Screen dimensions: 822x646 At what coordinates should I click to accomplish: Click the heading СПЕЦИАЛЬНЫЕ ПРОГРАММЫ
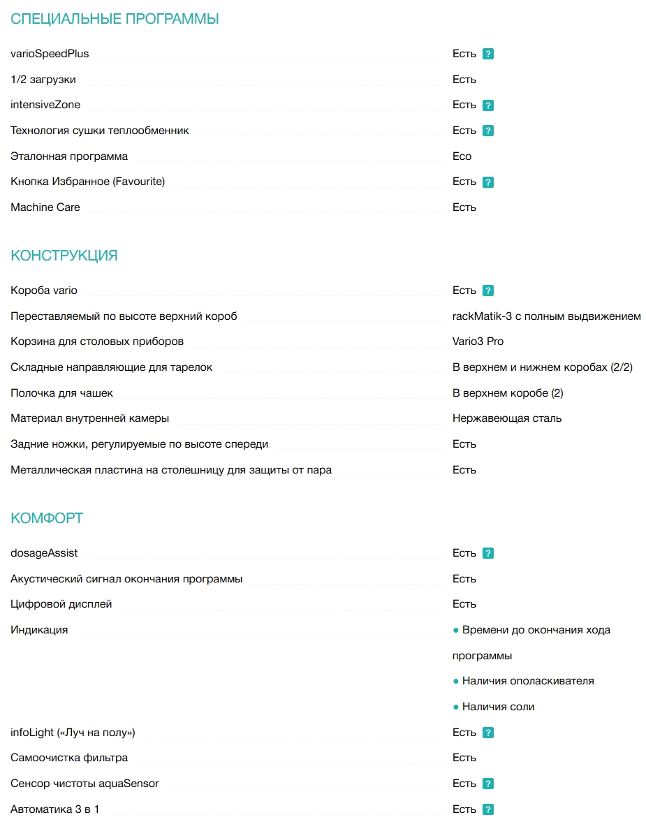click(x=115, y=19)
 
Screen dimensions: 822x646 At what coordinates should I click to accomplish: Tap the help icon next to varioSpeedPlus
click(x=488, y=54)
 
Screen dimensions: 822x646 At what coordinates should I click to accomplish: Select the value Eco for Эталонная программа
click(x=462, y=156)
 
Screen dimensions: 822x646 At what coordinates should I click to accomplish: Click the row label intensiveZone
click(x=45, y=105)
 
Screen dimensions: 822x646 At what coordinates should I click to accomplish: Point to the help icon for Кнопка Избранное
click(x=488, y=182)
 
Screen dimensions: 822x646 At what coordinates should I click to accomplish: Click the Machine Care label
click(x=45, y=207)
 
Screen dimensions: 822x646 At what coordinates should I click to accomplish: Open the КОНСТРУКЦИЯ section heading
click(x=64, y=256)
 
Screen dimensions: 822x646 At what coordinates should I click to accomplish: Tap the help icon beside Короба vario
click(x=488, y=291)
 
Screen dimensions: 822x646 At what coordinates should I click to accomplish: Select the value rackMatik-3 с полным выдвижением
click(x=546, y=316)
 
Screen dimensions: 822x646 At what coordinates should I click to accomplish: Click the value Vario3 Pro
click(x=478, y=342)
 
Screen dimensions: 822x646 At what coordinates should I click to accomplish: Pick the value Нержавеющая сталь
click(x=507, y=418)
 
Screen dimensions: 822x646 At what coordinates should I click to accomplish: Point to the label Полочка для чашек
click(x=61, y=393)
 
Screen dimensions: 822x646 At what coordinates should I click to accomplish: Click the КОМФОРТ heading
click(x=47, y=518)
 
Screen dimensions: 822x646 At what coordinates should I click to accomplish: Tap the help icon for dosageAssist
click(x=488, y=553)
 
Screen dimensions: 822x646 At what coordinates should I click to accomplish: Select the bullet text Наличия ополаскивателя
click(x=527, y=681)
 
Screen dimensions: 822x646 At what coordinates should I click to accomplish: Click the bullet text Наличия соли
click(x=498, y=707)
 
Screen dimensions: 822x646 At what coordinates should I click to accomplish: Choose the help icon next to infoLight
click(x=488, y=733)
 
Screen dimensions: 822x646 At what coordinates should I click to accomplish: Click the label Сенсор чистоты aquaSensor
click(x=85, y=784)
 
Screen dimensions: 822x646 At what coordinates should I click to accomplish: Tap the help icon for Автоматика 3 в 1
click(x=488, y=809)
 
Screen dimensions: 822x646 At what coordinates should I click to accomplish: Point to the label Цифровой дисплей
click(x=61, y=604)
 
